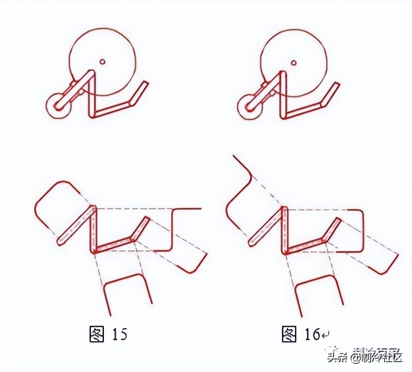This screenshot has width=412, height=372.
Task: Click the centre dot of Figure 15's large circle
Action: coord(102,61)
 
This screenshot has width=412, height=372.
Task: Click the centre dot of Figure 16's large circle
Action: coord(294,61)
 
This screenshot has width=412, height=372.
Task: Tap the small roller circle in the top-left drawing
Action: coord(57,106)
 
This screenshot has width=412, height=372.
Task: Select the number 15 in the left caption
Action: coord(119,334)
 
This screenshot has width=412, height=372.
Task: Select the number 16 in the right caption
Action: coord(310,334)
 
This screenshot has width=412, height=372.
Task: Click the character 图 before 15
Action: coord(96,334)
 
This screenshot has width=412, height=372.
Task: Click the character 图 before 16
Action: coord(288,334)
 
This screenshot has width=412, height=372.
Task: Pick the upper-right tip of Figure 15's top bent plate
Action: coord(146,83)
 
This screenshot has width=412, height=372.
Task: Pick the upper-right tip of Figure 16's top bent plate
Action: coord(338,84)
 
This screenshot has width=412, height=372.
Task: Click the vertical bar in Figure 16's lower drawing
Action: coord(285,230)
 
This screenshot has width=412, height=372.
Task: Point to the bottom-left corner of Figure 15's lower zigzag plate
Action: coord(94,251)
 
